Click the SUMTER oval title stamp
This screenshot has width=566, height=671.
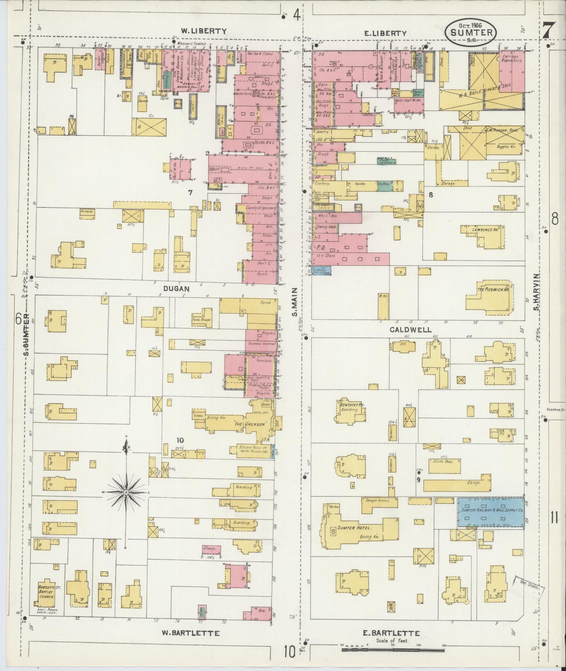point(471,31)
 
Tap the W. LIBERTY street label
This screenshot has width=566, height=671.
point(204,31)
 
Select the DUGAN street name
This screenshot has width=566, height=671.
point(176,289)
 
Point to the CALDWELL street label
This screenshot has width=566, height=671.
point(410,330)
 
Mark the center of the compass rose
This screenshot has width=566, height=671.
point(126,492)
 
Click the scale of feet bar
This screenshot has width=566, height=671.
point(393,650)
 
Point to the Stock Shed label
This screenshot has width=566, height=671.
point(443,462)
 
